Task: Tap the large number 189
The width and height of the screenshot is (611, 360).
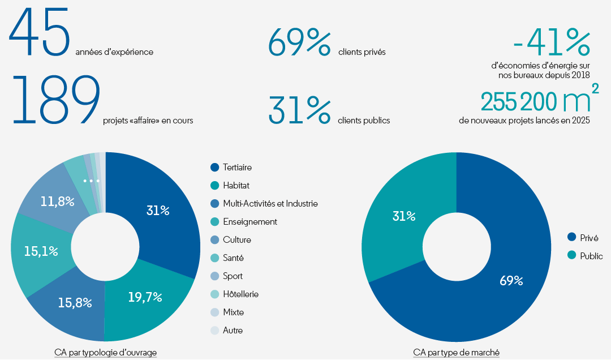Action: pos(55,100)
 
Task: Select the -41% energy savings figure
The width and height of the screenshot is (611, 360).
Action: pos(552,42)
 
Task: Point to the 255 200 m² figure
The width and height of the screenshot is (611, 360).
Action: pos(540,100)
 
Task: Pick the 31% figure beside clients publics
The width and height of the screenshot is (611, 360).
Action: pos(299,109)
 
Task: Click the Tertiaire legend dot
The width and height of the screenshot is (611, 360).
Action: pos(214,168)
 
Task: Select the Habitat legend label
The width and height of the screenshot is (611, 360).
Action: pos(236,186)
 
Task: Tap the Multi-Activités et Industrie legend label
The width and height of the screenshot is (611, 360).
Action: pos(270,204)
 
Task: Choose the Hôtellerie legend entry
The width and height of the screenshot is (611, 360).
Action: pos(241,294)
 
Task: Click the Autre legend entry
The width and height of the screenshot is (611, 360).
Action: pos(233,331)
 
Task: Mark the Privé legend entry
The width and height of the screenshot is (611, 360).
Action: pos(589,238)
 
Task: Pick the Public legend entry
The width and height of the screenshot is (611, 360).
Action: pos(591,256)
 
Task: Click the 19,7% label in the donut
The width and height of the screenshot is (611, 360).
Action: pos(145,297)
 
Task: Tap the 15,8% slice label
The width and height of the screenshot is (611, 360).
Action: pos(75,302)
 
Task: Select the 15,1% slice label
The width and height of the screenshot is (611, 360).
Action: pos(41,251)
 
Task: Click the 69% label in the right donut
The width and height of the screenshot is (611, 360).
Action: pos(511,280)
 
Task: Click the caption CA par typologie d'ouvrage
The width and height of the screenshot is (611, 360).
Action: pos(105,353)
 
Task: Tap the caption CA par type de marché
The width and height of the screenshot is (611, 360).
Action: pos(456,353)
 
